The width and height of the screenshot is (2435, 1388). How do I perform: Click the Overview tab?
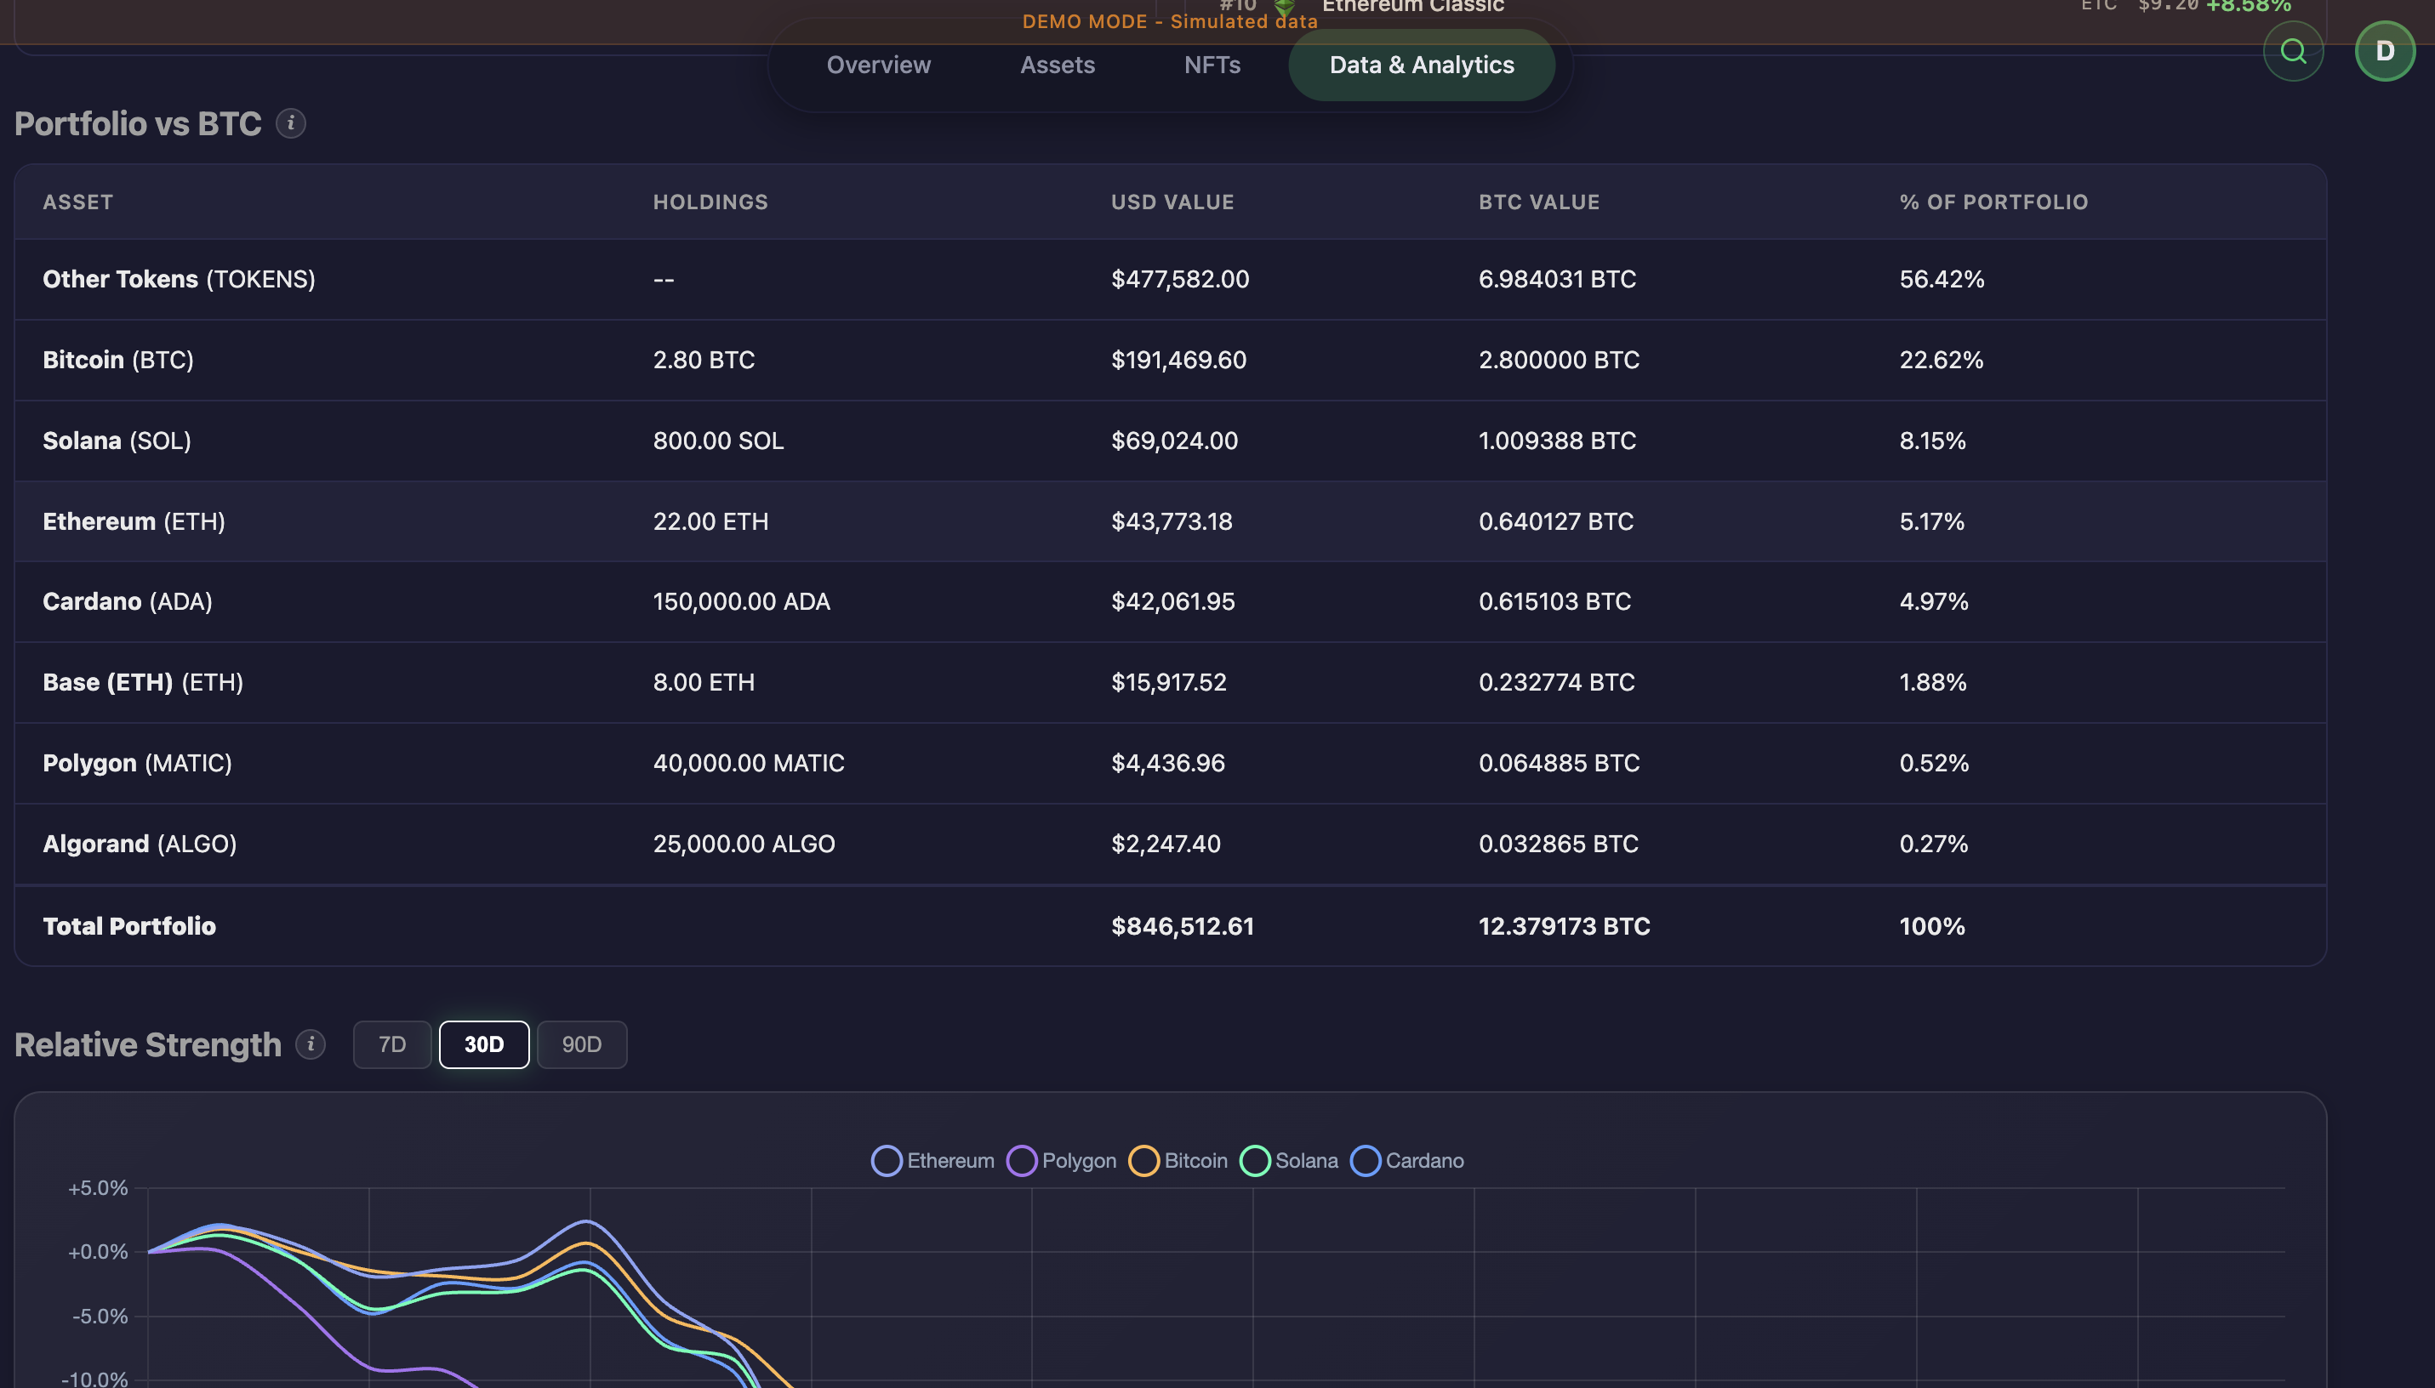coord(878,65)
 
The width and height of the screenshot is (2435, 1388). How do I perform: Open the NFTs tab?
coord(1212,65)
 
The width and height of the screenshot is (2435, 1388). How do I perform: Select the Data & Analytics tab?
coord(1421,65)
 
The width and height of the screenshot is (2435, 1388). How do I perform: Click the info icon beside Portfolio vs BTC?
coord(291,123)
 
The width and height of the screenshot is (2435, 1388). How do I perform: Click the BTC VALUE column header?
coord(1539,202)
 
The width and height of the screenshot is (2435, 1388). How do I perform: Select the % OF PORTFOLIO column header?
coord(1993,202)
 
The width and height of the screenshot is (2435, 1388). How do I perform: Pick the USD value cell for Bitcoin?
coord(1178,360)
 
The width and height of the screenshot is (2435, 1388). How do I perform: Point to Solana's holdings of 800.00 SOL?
coord(718,441)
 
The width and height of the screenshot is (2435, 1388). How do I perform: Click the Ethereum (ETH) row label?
coord(134,521)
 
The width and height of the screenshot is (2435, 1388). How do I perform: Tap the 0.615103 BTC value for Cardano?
coord(1554,601)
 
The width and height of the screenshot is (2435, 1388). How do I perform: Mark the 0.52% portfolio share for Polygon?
coord(1934,763)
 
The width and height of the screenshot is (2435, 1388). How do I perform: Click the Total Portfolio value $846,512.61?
coord(1183,925)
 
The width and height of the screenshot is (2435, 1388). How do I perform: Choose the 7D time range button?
coord(392,1044)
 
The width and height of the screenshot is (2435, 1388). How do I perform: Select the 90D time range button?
coord(582,1044)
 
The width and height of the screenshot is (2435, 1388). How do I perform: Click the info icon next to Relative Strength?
coord(310,1044)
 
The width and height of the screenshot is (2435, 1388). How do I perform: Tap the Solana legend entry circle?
coord(1255,1160)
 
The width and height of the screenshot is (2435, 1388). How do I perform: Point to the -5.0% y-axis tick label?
coord(100,1316)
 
